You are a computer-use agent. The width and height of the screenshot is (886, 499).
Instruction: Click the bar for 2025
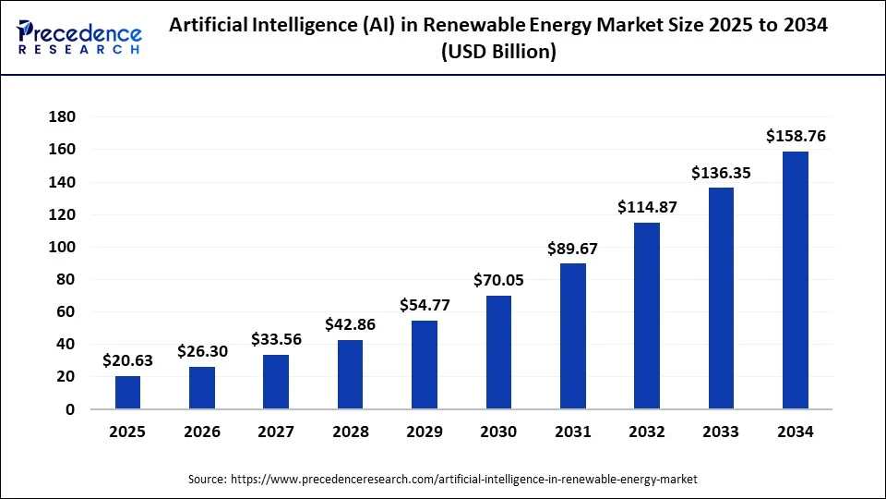pyautogui.click(x=128, y=392)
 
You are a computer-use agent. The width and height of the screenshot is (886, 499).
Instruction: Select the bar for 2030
pyautogui.click(x=498, y=352)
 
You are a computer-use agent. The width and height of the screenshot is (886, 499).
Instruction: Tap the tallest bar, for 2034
pyautogui.click(x=795, y=280)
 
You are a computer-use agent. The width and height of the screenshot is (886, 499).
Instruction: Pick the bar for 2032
pyautogui.click(x=647, y=315)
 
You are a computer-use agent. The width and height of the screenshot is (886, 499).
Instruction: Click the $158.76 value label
pyautogui.click(x=796, y=136)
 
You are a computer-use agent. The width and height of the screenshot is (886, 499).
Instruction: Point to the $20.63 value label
pyautogui.click(x=128, y=360)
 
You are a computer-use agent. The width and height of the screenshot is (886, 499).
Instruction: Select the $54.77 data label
pyautogui.click(x=425, y=305)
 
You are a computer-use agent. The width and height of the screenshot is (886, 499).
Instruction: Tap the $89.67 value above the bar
pyautogui.click(x=573, y=248)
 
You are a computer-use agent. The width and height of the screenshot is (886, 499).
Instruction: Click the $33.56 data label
pyautogui.click(x=276, y=339)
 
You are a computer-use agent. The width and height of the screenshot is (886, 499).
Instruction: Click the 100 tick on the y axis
pyautogui.click(x=61, y=247)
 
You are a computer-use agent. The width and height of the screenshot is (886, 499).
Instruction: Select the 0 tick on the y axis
pyautogui.click(x=69, y=409)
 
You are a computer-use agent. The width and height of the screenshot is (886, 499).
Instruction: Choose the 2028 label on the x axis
pyautogui.click(x=350, y=432)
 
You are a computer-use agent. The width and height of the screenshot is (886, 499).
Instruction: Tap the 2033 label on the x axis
pyautogui.click(x=721, y=432)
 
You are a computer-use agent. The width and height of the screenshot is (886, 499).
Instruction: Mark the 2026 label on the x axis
pyautogui.click(x=202, y=432)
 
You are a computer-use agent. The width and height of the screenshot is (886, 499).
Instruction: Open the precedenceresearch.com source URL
pyautogui.click(x=464, y=480)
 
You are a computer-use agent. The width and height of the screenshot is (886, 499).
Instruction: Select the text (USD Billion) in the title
pyautogui.click(x=498, y=53)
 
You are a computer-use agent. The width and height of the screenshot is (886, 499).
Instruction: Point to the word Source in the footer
pyautogui.click(x=207, y=480)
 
